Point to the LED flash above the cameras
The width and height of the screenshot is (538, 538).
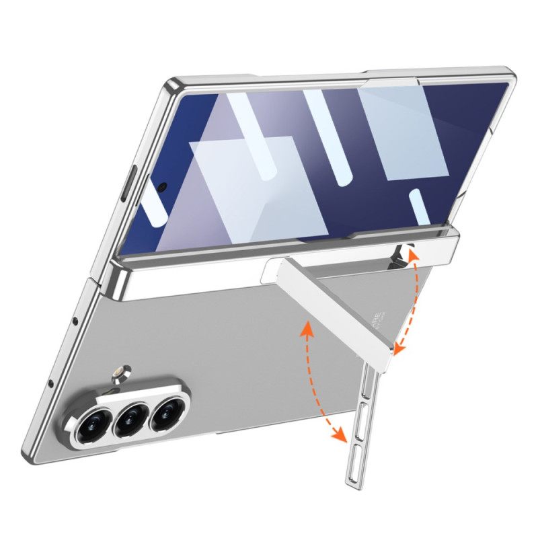(x=121, y=371)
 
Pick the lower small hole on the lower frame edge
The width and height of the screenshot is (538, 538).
(x=52, y=384)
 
